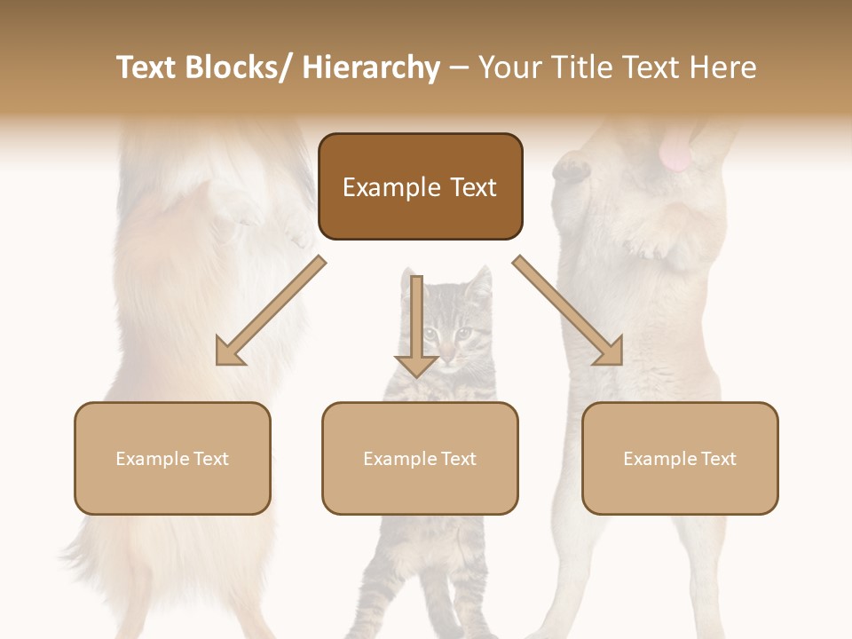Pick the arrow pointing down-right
(569, 312)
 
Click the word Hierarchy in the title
(371, 67)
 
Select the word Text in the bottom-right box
(718, 459)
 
